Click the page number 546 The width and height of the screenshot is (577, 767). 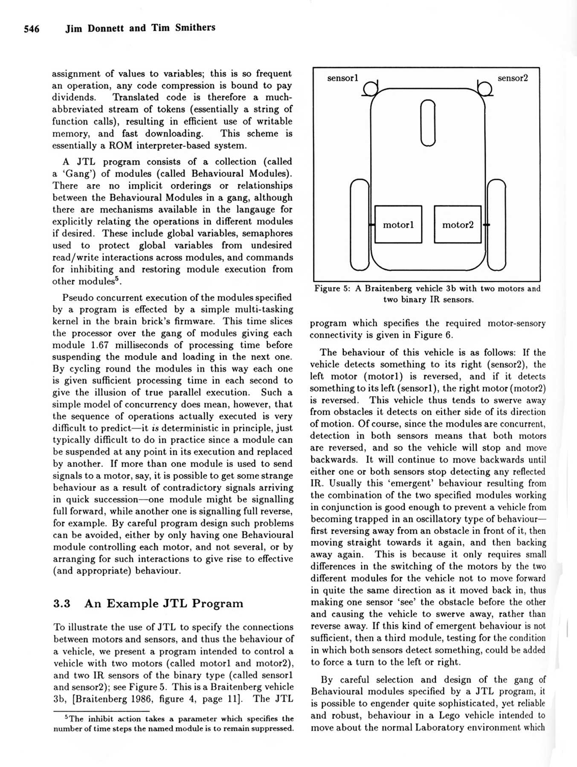pyautogui.click(x=32, y=29)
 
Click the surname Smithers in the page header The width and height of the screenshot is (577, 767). pyautogui.click(x=195, y=28)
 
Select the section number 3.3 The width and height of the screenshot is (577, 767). pyautogui.click(x=62, y=604)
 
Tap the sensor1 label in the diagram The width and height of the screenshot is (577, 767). pyautogui.click(x=342, y=78)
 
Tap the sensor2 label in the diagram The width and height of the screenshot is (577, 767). pyautogui.click(x=513, y=78)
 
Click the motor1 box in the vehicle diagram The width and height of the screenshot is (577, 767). pyautogui.click(x=398, y=225)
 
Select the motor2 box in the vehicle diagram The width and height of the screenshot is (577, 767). pyautogui.click(x=458, y=225)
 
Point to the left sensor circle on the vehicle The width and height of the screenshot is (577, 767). pyautogui.click(x=371, y=89)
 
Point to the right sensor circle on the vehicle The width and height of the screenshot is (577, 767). pyautogui.click(x=485, y=89)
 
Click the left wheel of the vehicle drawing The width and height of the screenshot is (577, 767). pyautogui.click(x=360, y=225)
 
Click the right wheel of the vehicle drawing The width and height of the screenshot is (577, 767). pyautogui.click(x=496, y=225)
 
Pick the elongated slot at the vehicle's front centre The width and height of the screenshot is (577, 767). pyautogui.click(x=428, y=123)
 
